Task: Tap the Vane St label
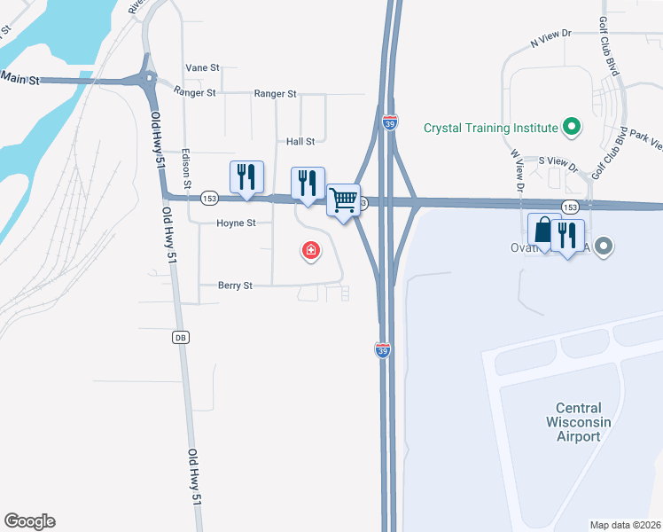pyautogui.click(x=202, y=67)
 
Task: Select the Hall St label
pyautogui.click(x=300, y=141)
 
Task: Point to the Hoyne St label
pyautogui.click(x=236, y=223)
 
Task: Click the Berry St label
pyautogui.click(x=236, y=286)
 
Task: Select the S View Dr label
pyautogui.click(x=558, y=161)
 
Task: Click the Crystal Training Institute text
pyautogui.click(x=490, y=128)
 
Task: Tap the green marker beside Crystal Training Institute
pyautogui.click(x=571, y=128)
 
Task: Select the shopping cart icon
pyautogui.click(x=343, y=199)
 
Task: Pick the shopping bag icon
pyautogui.click(x=542, y=230)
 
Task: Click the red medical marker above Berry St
pyautogui.click(x=310, y=251)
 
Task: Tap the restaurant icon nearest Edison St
pyautogui.click(x=246, y=177)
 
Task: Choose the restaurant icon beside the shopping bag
pyautogui.click(x=565, y=235)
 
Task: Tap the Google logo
pyautogui.click(x=29, y=521)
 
